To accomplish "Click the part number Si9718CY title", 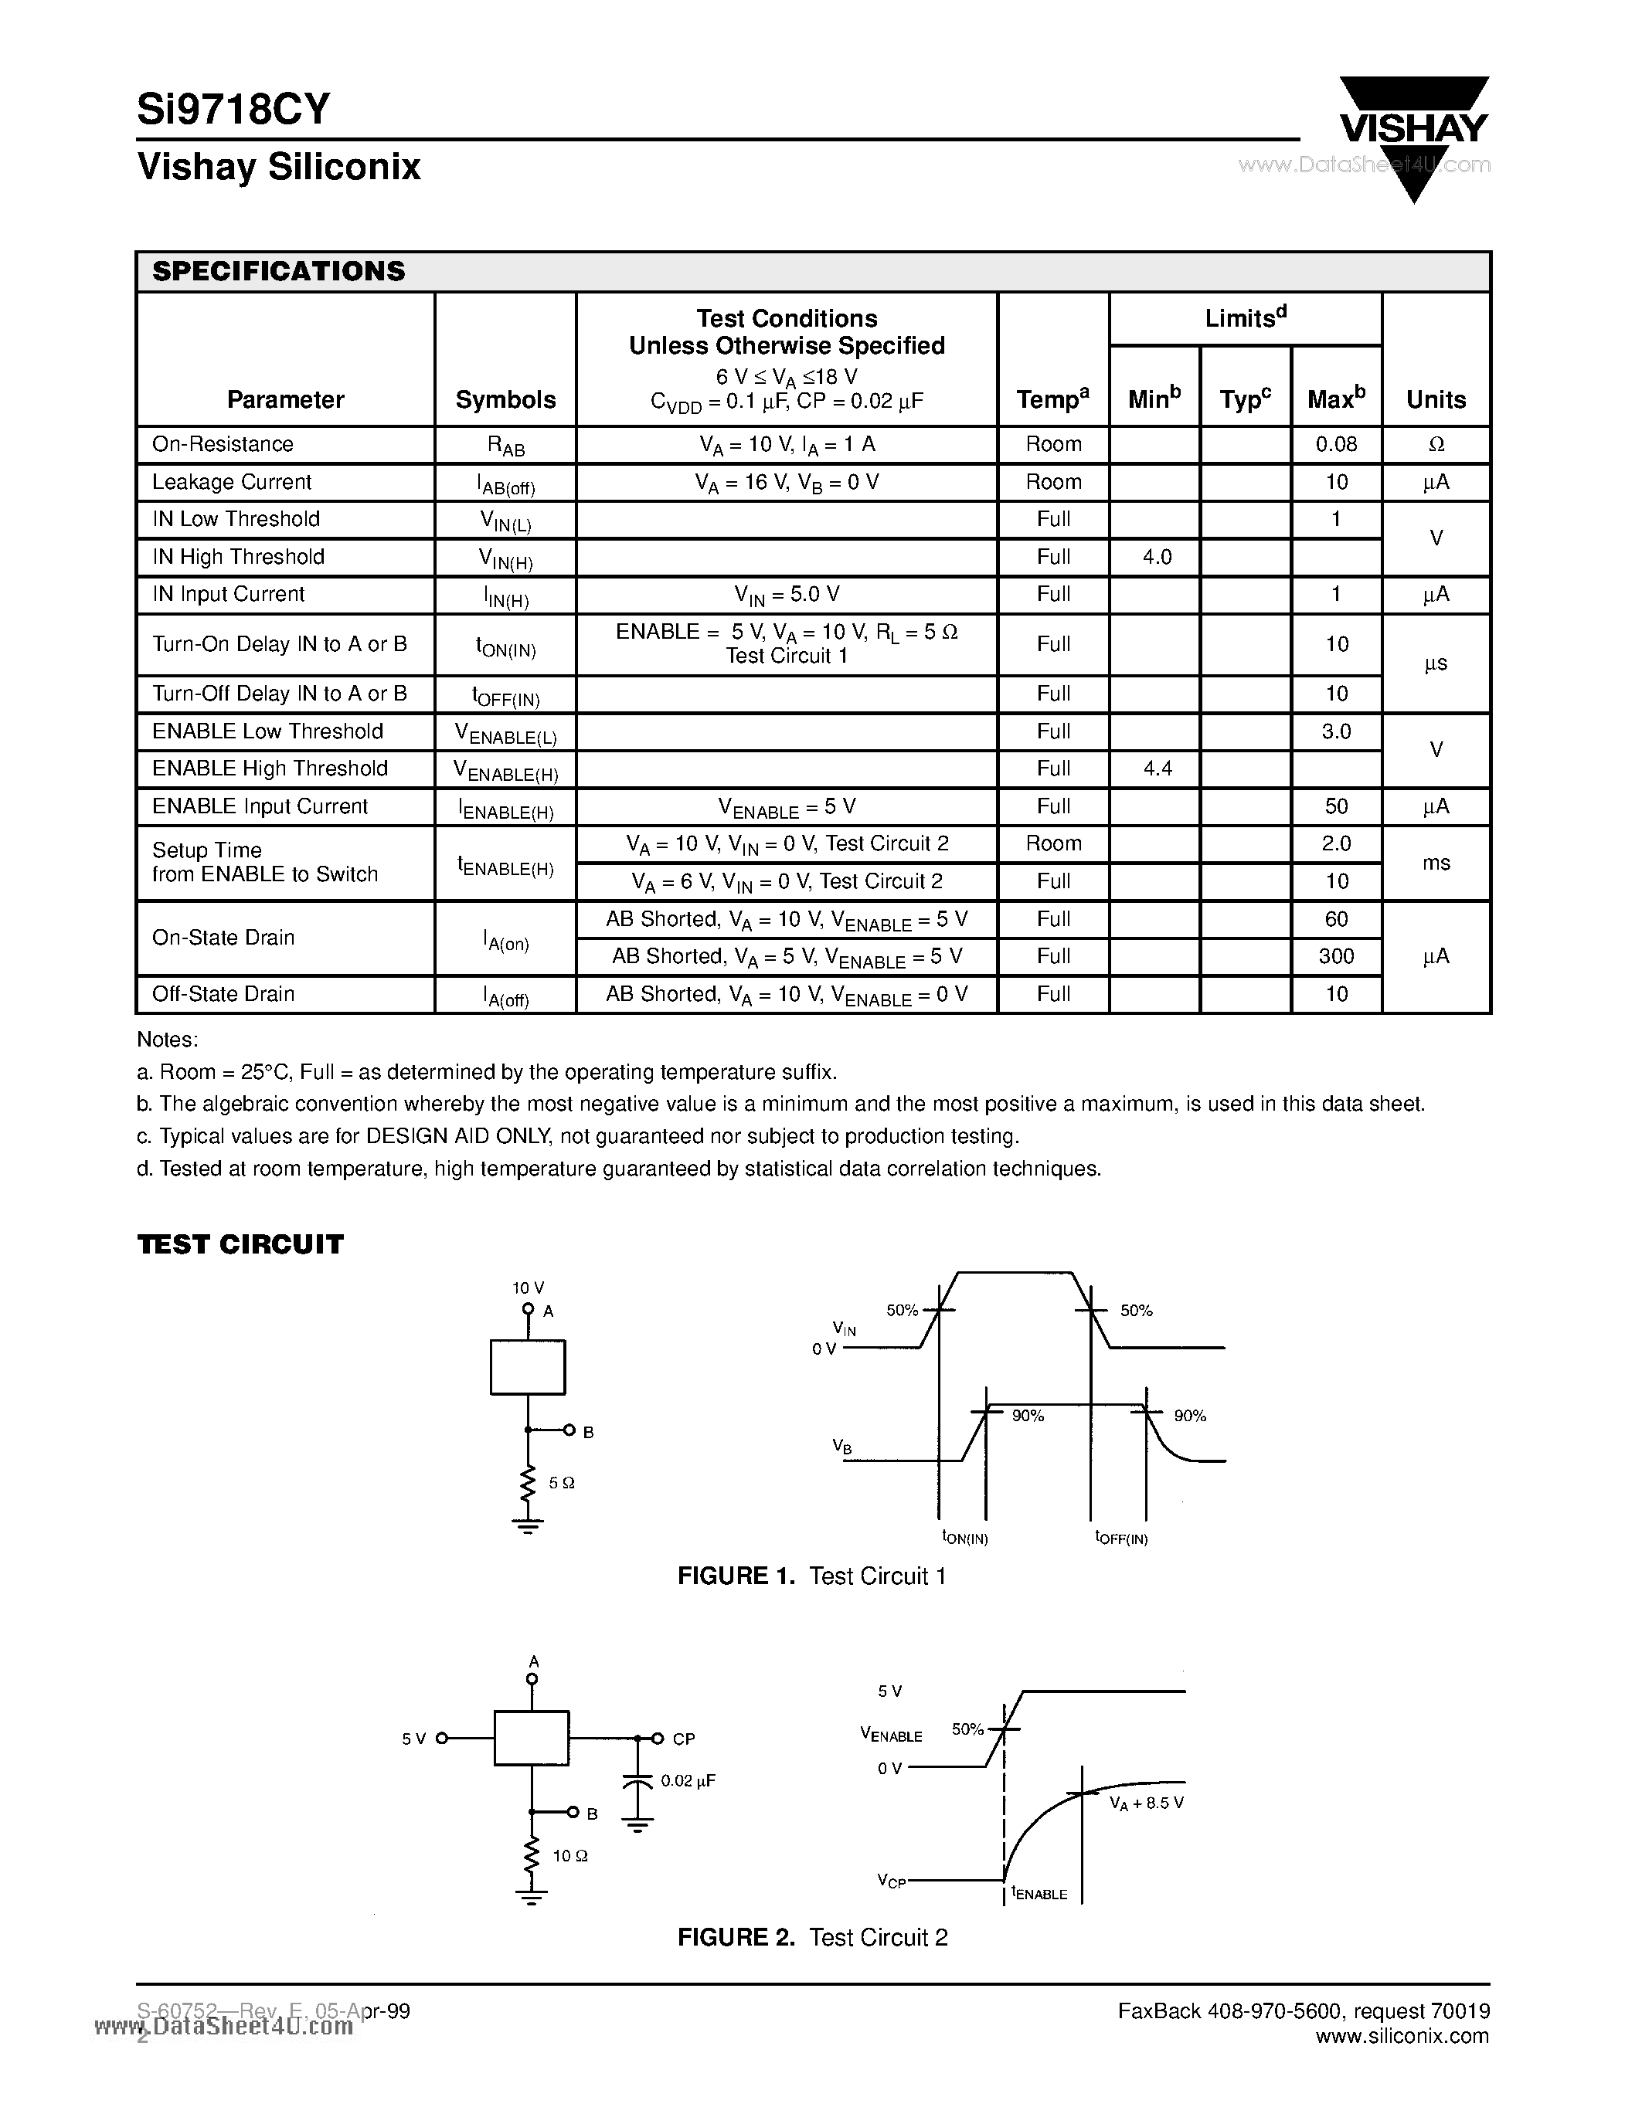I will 233,109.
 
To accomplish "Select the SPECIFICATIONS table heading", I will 278,271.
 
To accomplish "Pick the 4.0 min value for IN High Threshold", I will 1157,557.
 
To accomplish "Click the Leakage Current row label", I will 232,483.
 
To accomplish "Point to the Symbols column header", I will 505,400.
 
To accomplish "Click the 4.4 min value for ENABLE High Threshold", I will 1157,769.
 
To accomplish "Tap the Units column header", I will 1436,400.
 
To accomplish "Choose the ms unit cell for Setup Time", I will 1436,863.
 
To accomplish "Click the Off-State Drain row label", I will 223,994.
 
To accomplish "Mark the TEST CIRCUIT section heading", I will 240,1245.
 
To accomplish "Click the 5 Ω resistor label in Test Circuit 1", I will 563,1483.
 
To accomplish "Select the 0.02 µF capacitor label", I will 688,1781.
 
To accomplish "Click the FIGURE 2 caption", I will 812,1937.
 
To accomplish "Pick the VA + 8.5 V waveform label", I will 1146,1802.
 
